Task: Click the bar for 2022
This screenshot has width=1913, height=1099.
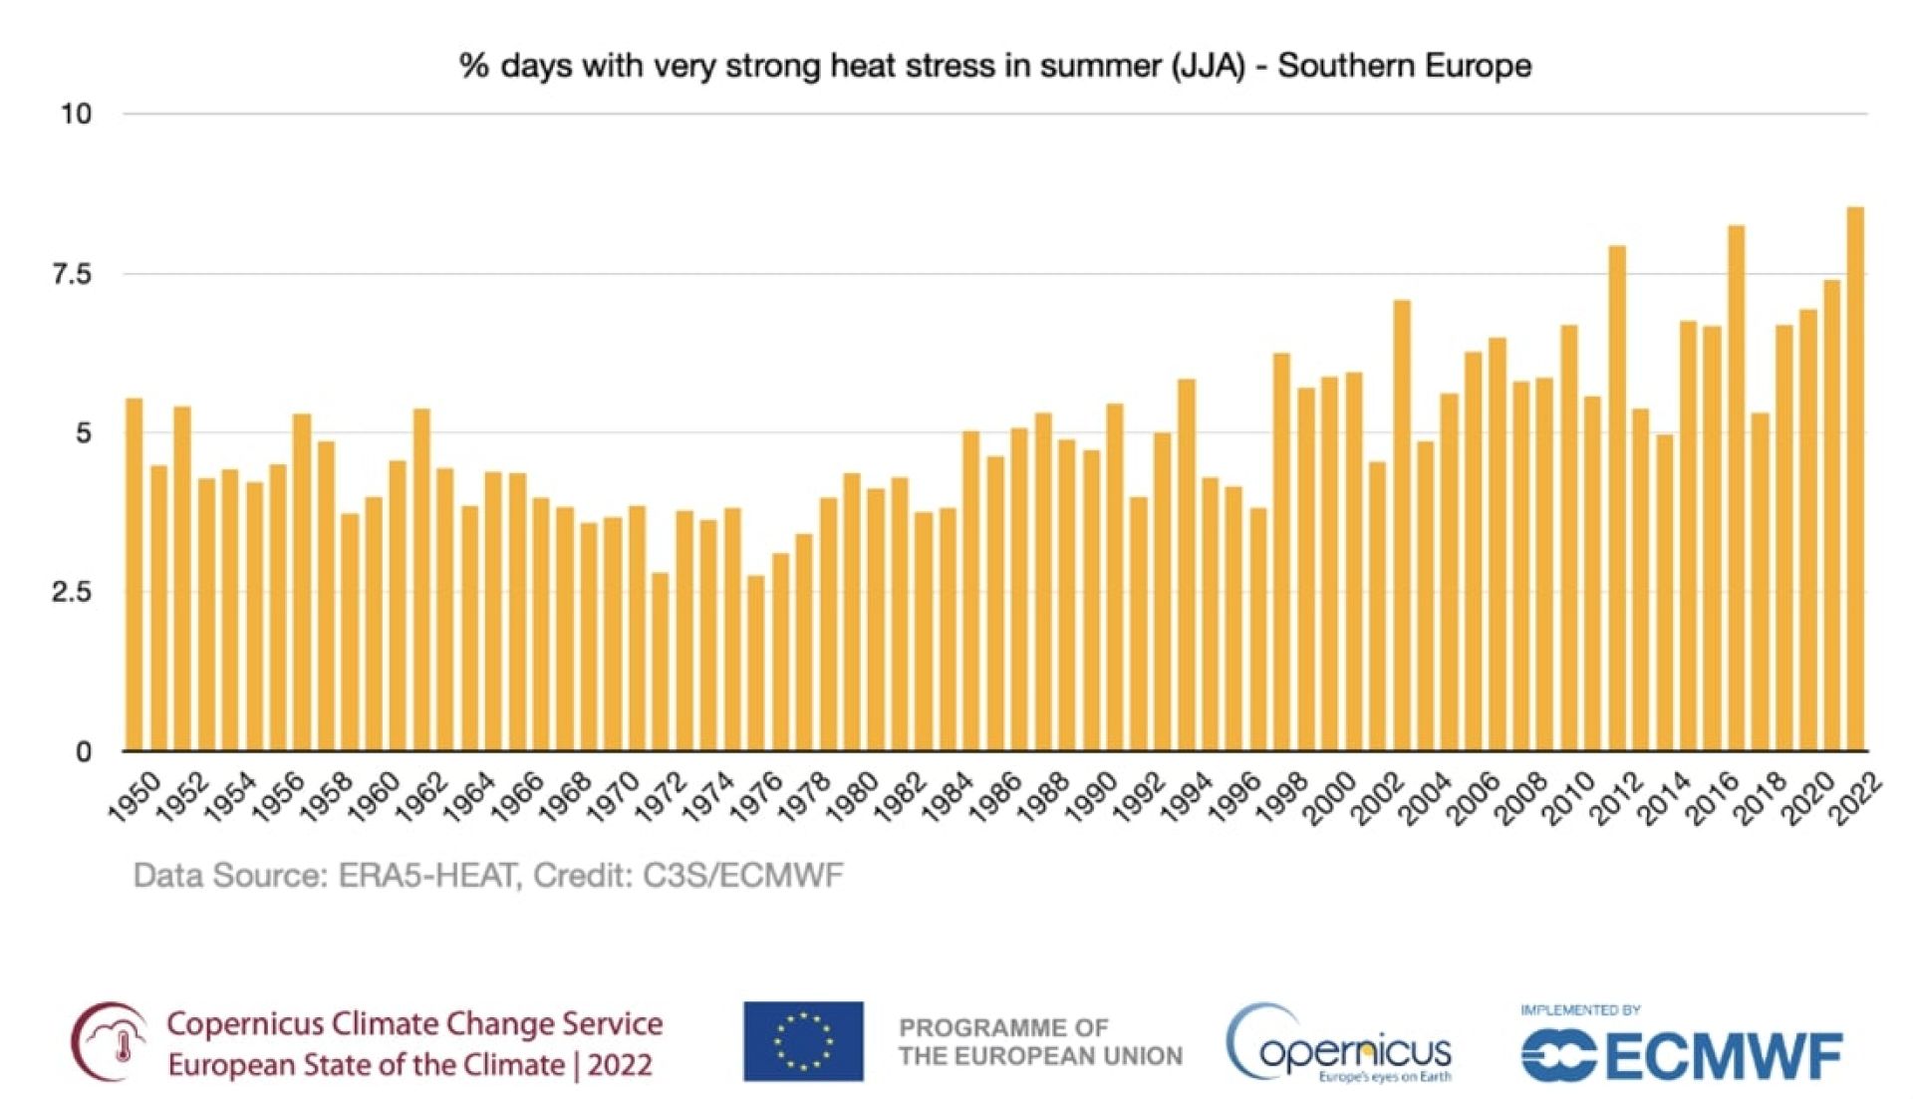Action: pos(1855,478)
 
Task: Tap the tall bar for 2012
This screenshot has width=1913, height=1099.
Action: pos(1616,498)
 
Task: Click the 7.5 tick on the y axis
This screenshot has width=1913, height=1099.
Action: pos(72,274)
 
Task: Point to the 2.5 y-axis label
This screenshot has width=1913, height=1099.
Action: pos(72,593)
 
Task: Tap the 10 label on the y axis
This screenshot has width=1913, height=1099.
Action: pos(76,115)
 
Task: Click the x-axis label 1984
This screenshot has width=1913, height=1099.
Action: pos(946,798)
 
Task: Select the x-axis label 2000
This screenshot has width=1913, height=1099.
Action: pos(1328,798)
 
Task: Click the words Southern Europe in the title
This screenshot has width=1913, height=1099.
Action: pos(1404,66)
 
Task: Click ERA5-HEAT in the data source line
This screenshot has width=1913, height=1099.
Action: pos(426,876)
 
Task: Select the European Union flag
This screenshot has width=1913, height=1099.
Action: pos(803,1041)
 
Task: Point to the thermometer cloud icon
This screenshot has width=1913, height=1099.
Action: pos(110,1042)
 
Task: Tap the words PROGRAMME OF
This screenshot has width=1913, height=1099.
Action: pos(1002,1027)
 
